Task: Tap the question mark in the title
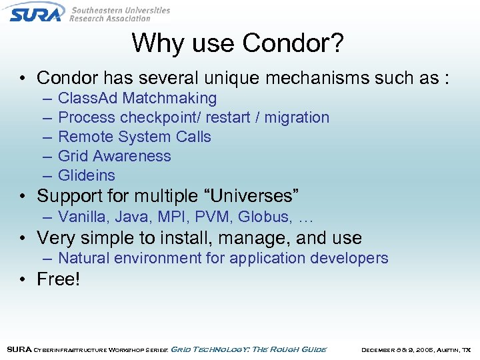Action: pos(337,43)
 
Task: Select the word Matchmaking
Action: pos(170,99)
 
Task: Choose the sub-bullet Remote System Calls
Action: pos(135,137)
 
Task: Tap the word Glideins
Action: pos(87,176)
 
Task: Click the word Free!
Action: pos(59,279)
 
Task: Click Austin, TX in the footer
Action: pos(453,349)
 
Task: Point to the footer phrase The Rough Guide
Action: pos(291,349)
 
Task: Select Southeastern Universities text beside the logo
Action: pos(120,10)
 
